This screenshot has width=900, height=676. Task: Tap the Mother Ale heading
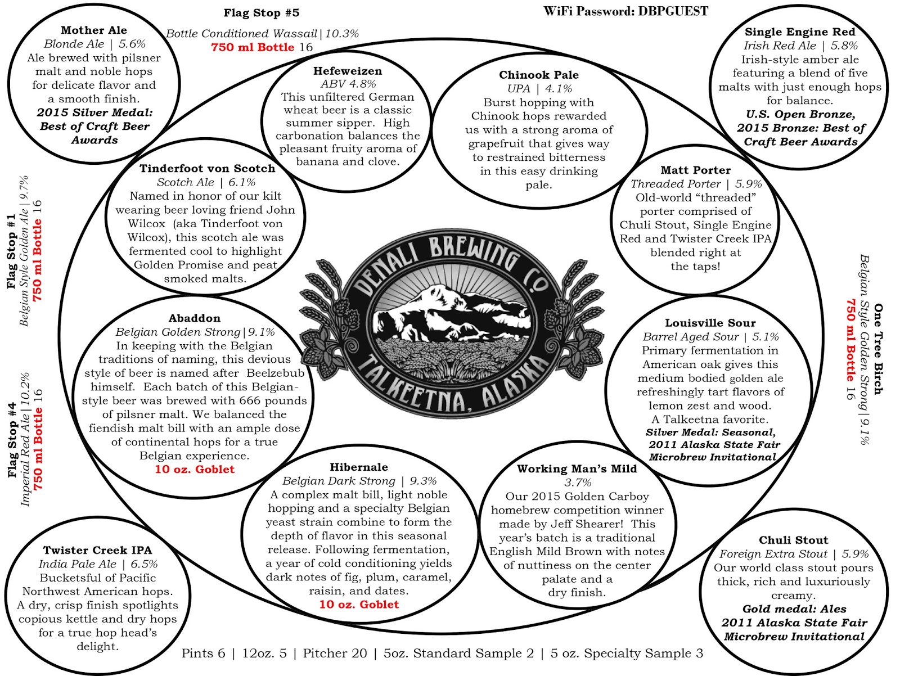pyautogui.click(x=94, y=30)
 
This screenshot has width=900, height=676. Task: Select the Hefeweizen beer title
pyautogui.click(x=347, y=71)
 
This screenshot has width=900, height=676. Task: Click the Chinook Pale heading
pyautogui.click(x=538, y=75)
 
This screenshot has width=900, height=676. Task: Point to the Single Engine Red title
pyautogui.click(x=799, y=32)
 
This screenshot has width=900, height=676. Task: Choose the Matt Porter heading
pyautogui.click(x=695, y=170)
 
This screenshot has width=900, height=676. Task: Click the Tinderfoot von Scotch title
pyautogui.click(x=207, y=169)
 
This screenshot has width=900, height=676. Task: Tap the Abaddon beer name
pyautogui.click(x=194, y=318)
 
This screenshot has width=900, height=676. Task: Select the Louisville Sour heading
pyautogui.click(x=710, y=323)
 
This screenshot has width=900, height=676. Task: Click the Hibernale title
pyautogui.click(x=358, y=467)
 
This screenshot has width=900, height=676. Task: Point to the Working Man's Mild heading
pyautogui.click(x=577, y=469)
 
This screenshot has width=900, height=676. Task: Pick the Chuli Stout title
pyautogui.click(x=793, y=540)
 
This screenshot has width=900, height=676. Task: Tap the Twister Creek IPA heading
pyautogui.click(x=97, y=551)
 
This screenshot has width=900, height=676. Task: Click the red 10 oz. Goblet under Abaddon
pyautogui.click(x=195, y=470)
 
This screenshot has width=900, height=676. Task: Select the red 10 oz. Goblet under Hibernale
pyautogui.click(x=359, y=605)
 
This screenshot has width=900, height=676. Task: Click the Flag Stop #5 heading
pyautogui.click(x=261, y=13)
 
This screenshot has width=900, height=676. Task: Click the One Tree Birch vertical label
pyautogui.click(x=877, y=349)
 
